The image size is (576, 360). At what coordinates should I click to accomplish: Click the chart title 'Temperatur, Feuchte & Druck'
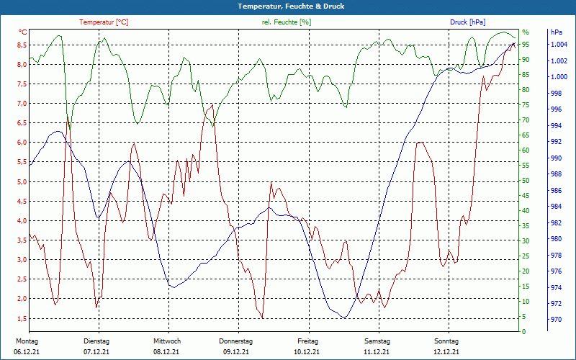tap(288, 6)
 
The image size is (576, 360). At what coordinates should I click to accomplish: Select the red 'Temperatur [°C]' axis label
tap(104, 22)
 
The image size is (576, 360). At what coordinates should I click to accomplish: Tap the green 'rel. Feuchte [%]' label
tap(287, 22)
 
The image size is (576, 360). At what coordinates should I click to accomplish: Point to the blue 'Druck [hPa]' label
tap(469, 22)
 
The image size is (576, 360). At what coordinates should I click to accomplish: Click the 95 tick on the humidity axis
tap(526, 45)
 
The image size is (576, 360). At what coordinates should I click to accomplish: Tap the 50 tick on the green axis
tap(526, 181)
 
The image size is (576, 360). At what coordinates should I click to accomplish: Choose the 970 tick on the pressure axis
tap(556, 320)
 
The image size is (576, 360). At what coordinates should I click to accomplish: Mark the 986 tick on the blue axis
tap(556, 191)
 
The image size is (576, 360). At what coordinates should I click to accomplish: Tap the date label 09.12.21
tap(236, 351)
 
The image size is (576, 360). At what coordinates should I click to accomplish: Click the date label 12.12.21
tap(446, 351)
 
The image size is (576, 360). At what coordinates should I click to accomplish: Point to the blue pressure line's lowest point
tap(344, 318)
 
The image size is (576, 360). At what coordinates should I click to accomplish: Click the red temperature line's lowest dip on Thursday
tap(263, 318)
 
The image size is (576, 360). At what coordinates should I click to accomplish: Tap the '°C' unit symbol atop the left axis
tap(23, 32)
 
